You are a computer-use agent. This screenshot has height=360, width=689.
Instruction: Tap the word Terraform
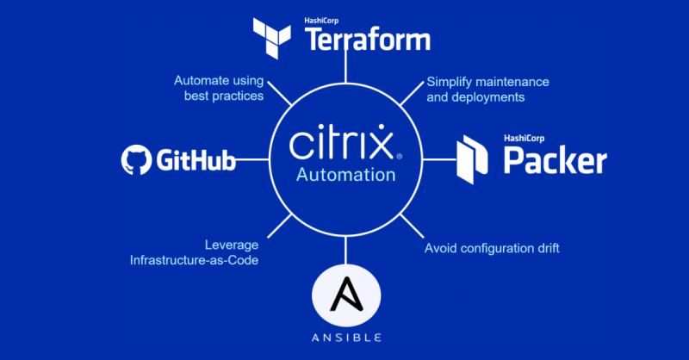click(x=368, y=39)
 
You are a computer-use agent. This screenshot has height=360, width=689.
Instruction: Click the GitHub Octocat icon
click(x=136, y=160)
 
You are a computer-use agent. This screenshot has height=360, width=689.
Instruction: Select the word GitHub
click(x=196, y=160)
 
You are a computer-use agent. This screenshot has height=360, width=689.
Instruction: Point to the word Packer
click(x=555, y=160)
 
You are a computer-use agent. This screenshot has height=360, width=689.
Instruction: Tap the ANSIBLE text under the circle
click(x=345, y=337)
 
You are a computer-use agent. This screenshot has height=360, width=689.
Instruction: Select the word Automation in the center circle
click(x=345, y=175)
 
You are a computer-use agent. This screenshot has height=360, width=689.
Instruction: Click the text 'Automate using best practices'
click(x=219, y=88)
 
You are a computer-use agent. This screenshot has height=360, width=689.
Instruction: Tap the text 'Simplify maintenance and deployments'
click(x=487, y=89)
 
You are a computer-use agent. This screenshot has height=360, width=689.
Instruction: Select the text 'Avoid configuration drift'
click(x=492, y=249)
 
